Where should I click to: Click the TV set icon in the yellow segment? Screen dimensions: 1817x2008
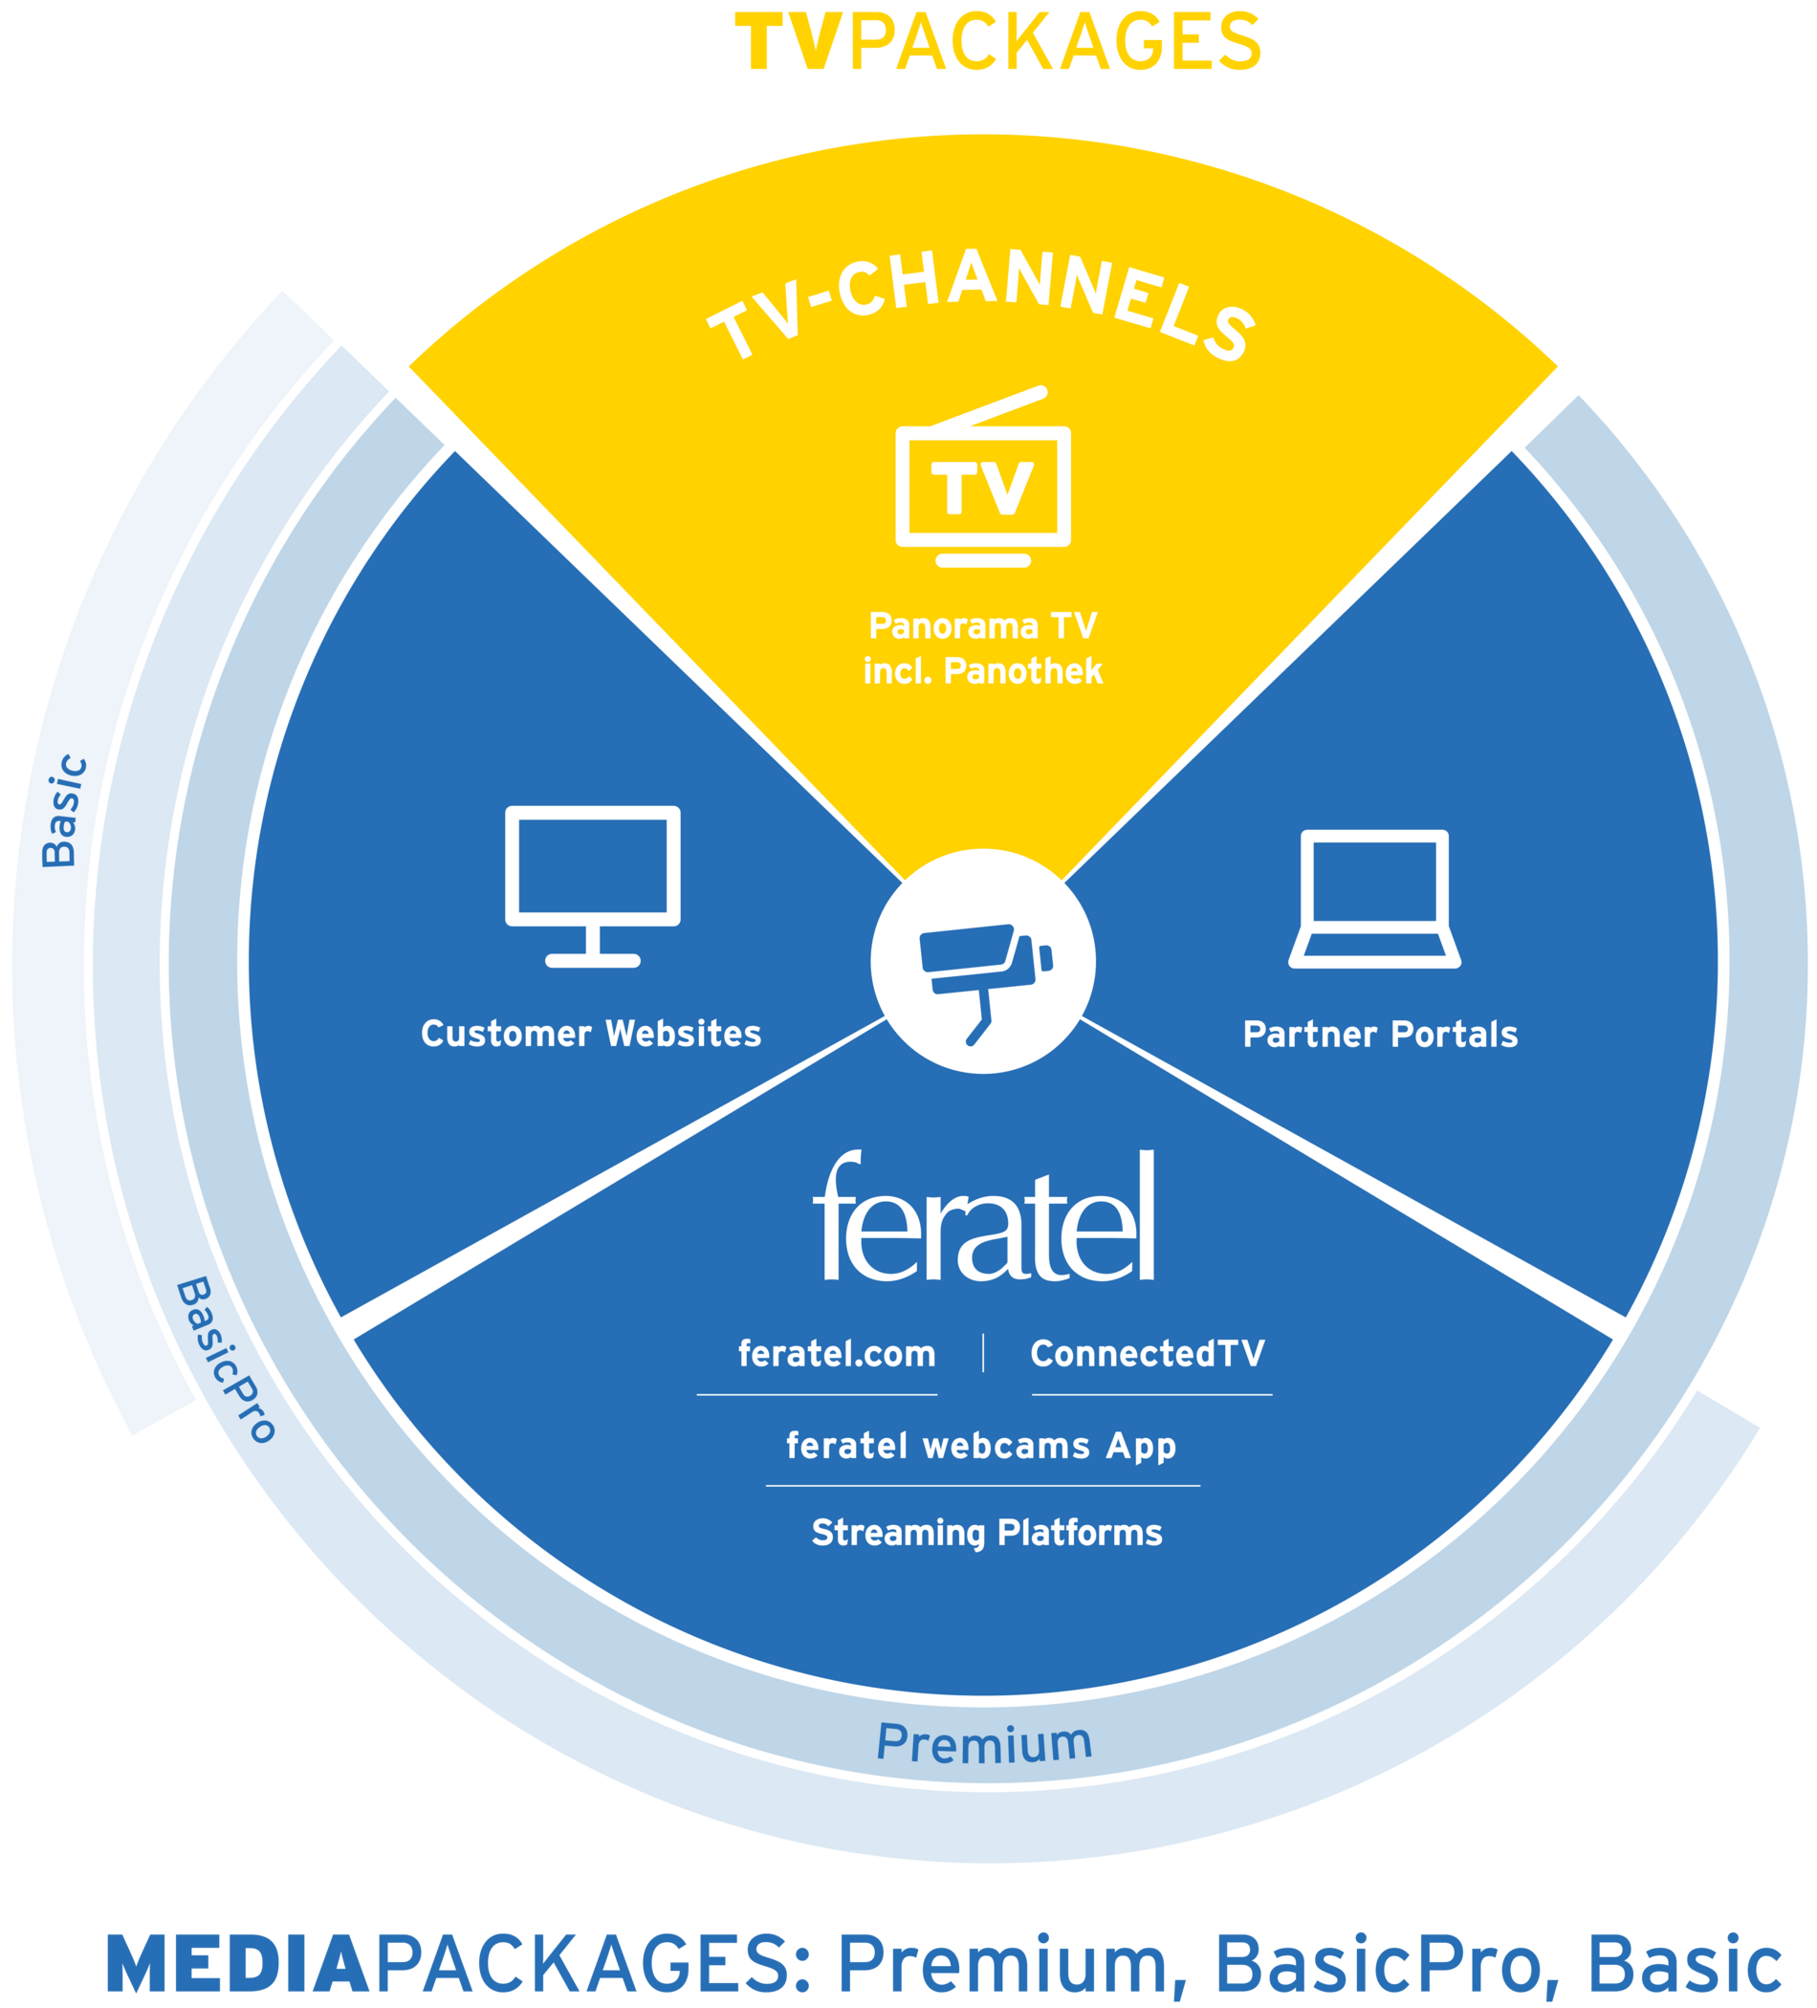point(982,476)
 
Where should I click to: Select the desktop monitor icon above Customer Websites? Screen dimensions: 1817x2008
point(593,886)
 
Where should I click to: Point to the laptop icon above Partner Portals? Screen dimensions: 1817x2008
point(1375,899)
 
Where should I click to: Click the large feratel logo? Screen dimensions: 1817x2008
point(984,1216)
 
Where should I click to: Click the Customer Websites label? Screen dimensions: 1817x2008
point(591,1034)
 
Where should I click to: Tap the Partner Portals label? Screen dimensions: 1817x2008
point(1381,1035)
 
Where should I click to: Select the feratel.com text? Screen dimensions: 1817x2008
point(837,1354)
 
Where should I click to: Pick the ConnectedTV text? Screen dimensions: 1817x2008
point(1148,1354)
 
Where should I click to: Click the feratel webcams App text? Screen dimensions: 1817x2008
point(981,1446)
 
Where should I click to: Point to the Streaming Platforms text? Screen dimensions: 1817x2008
point(986,1533)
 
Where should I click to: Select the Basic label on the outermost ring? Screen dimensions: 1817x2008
point(64,811)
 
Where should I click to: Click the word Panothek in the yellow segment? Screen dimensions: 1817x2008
point(1023,671)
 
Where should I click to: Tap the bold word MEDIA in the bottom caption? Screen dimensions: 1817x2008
point(238,1965)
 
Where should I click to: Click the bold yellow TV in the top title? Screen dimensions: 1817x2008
point(791,42)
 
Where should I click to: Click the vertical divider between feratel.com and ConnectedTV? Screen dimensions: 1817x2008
point(983,1353)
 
